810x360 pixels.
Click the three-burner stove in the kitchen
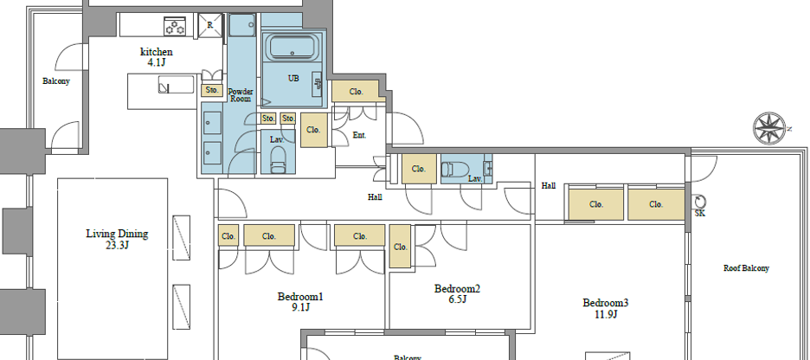point(175,27)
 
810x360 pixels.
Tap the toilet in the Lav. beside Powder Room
point(278,159)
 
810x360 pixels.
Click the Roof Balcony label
point(746,268)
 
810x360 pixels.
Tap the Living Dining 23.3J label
point(117,240)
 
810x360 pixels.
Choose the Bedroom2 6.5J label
point(457,294)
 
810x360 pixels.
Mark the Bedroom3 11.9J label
point(605,309)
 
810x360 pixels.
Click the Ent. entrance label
point(360,135)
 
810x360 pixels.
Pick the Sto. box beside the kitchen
point(211,90)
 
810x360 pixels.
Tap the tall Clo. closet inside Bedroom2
point(400,247)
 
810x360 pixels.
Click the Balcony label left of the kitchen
point(55,81)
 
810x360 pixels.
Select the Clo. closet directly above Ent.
point(356,91)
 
